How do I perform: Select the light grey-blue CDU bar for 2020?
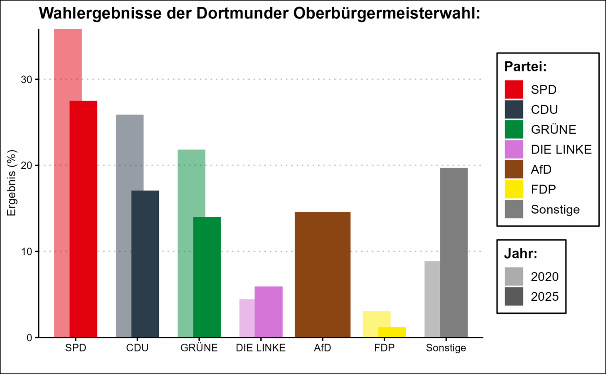click(123, 224)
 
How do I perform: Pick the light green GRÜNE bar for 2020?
click(185, 242)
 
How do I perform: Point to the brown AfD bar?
click(322, 274)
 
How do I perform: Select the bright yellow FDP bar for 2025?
click(392, 332)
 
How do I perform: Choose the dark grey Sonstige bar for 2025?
click(454, 252)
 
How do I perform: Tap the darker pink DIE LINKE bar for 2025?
click(268, 312)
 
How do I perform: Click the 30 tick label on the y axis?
click(27, 79)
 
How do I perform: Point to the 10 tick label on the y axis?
click(27, 251)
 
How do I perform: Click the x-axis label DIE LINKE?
click(261, 348)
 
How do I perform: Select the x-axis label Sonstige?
click(446, 348)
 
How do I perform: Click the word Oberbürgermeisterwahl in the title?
click(387, 13)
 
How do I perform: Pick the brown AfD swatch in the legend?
click(514, 169)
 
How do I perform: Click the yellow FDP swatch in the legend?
click(514, 189)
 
